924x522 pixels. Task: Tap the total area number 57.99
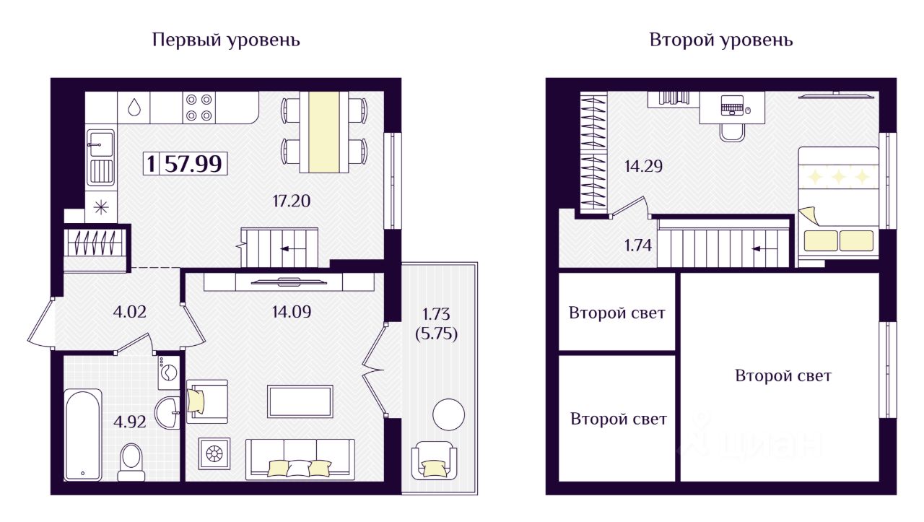click(x=193, y=164)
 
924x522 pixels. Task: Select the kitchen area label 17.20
click(x=291, y=201)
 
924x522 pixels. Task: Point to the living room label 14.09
click(x=291, y=312)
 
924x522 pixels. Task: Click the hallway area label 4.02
click(x=129, y=312)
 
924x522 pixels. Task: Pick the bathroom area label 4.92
click(x=129, y=422)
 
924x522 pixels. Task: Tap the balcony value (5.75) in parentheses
click(x=437, y=334)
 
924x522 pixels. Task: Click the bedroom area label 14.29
click(x=643, y=166)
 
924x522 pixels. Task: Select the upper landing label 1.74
click(x=638, y=245)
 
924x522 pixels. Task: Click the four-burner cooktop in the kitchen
click(x=199, y=108)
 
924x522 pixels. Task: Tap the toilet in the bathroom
click(x=131, y=462)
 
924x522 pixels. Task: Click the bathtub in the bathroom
click(x=83, y=435)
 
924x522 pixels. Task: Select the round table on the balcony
click(x=449, y=414)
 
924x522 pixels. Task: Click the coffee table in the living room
click(x=300, y=401)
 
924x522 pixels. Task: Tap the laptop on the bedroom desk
click(x=733, y=105)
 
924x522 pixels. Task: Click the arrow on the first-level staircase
click(x=291, y=249)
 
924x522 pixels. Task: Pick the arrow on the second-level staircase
click(x=762, y=249)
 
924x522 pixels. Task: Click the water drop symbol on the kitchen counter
click(x=134, y=108)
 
